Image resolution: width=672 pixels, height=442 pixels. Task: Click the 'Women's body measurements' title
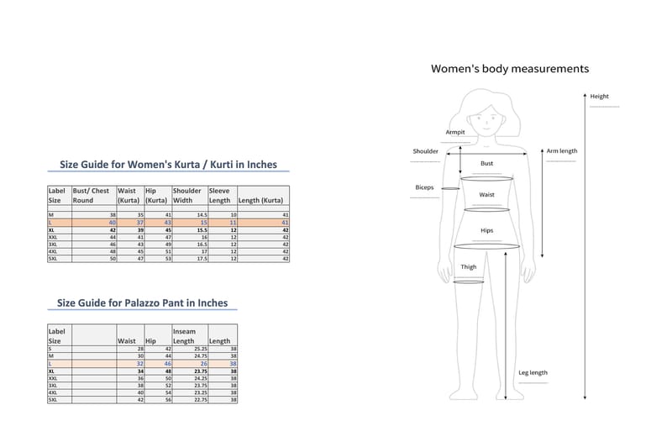point(509,69)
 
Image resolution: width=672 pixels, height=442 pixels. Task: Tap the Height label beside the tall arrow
point(599,97)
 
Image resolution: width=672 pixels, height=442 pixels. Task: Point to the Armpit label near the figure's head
point(455,132)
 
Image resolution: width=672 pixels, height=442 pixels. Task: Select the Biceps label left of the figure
point(424,187)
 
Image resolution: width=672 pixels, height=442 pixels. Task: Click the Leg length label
point(533,372)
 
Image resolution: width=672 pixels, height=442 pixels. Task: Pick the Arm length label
point(561,151)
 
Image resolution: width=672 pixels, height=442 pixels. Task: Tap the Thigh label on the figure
point(468,267)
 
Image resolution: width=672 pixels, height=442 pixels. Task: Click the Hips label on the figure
point(486,229)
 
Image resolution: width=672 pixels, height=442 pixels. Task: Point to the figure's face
point(488,118)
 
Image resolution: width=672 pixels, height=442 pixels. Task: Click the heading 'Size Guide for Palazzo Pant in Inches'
point(142,303)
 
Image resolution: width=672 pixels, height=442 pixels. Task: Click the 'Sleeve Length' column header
point(220,196)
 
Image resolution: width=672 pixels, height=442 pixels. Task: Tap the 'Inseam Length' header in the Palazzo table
point(184,336)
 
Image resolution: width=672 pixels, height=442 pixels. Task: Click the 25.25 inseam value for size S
point(197,348)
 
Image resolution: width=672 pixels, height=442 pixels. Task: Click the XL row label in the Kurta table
point(52,229)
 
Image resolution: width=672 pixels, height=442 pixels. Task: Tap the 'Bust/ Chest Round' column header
point(92,196)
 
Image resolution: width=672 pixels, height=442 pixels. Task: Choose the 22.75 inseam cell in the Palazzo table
point(197,399)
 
